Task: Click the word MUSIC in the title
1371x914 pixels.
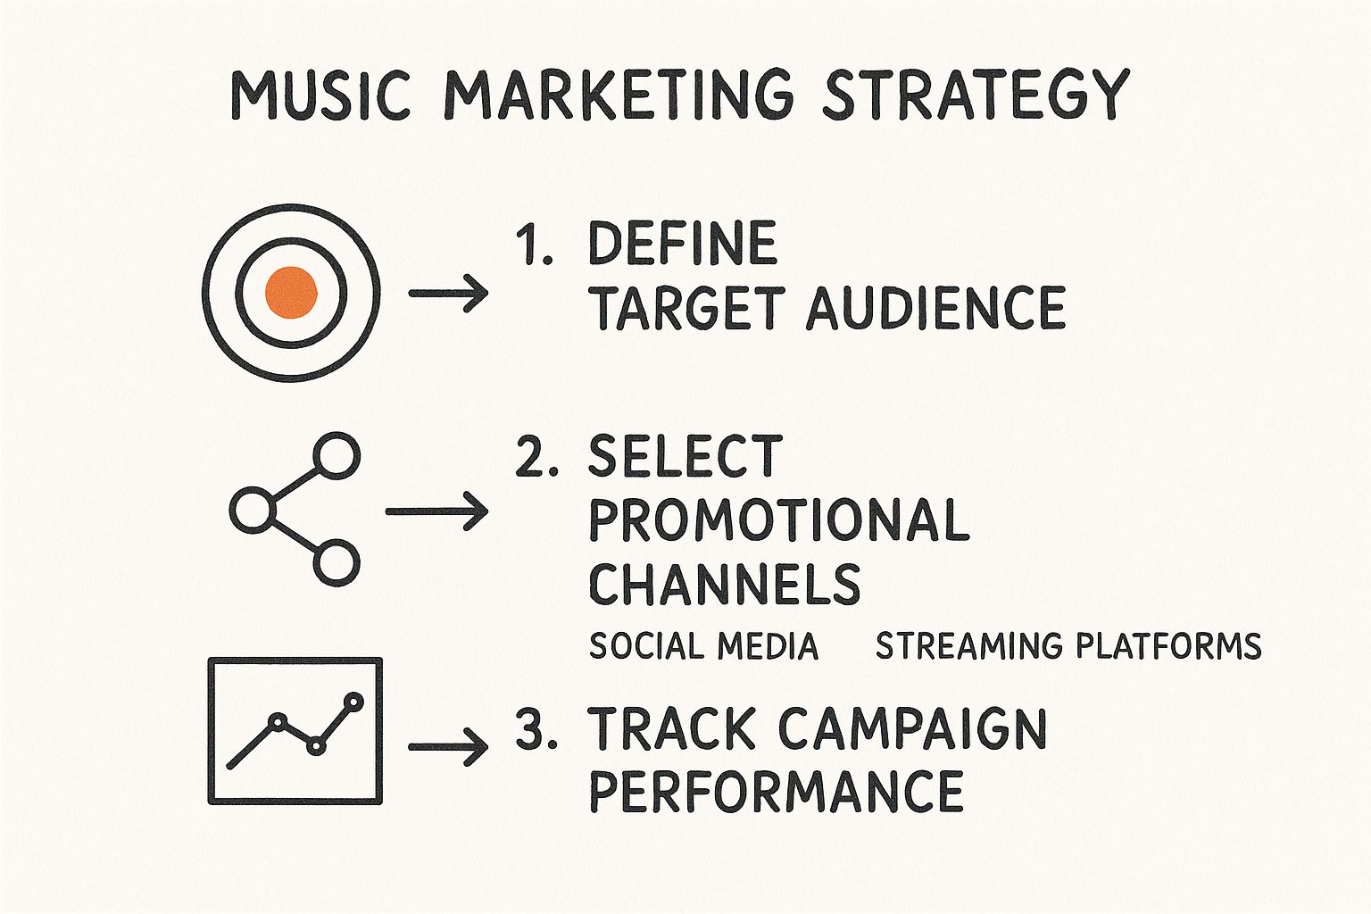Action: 320,95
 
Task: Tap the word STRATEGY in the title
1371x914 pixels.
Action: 976,95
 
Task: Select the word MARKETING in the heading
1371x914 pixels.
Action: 618,95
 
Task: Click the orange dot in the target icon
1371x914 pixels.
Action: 291,293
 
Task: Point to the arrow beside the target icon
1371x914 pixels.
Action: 448,294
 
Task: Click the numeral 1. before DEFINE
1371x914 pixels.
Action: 535,244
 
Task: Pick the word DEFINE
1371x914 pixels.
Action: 683,243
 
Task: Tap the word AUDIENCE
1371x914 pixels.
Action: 936,308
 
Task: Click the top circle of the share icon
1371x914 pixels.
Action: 337,455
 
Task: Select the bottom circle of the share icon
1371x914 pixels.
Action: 337,562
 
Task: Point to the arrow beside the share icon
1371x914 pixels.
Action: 436,511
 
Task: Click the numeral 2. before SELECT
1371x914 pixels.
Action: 536,456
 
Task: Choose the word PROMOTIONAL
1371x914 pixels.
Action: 779,519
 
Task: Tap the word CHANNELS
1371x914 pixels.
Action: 725,584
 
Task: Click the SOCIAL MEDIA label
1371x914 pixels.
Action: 703,646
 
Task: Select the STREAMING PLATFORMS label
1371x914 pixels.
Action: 1068,646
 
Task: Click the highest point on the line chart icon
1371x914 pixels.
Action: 353,702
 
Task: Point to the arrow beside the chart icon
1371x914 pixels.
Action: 448,747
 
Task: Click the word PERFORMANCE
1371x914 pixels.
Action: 776,792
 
